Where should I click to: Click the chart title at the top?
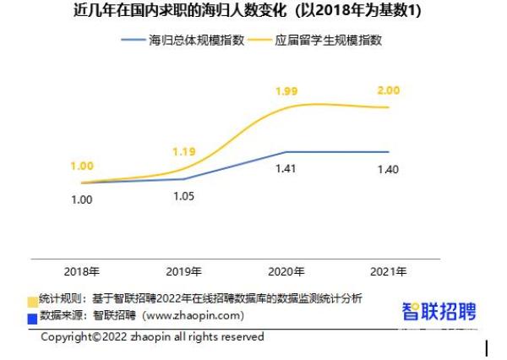coord(254,11)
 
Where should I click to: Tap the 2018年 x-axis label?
coord(81,272)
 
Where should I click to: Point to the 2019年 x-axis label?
coord(183,272)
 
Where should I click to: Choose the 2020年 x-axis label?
coord(286,272)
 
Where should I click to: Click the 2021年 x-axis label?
coord(389,272)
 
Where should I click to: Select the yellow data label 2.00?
coord(388,89)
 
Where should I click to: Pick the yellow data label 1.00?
coord(81,166)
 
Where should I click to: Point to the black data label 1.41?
coord(286,169)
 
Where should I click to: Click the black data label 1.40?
coord(388,169)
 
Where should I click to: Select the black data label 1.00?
coord(81,199)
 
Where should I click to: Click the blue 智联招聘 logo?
coord(439,311)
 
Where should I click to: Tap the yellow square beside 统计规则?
coord(33,300)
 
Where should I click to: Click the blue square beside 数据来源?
coord(33,317)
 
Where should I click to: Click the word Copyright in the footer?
coord(68,336)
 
